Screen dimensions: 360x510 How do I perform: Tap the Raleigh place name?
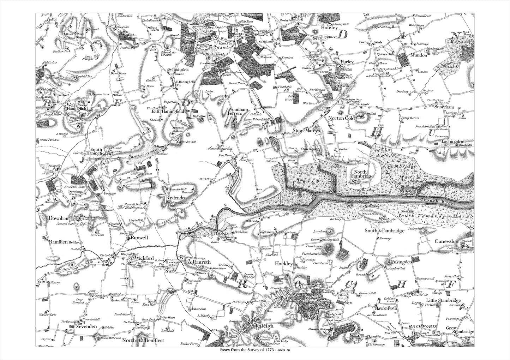tap(264, 326)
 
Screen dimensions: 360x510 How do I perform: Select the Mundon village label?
tap(419, 55)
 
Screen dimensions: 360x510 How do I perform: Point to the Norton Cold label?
tap(341, 118)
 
